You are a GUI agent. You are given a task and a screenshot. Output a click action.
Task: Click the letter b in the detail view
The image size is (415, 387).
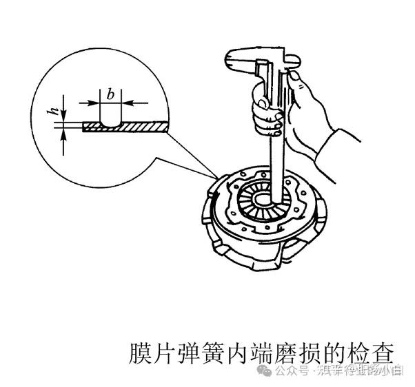(110, 92)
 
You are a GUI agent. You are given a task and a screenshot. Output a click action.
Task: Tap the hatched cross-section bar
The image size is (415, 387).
(138, 127)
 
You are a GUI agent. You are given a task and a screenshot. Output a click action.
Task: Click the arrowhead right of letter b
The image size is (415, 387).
(128, 103)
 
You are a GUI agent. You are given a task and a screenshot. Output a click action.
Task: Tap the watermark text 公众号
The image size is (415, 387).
(291, 372)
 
